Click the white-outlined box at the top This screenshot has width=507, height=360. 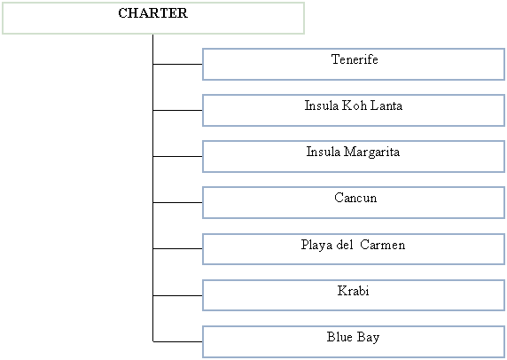tap(153, 19)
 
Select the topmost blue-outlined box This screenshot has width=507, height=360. tap(354, 65)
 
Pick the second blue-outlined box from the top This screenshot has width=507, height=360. tap(354, 111)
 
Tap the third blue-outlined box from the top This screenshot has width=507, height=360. tap(354, 157)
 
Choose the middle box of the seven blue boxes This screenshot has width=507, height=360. tap(354, 203)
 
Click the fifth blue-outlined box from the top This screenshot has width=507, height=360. tap(354, 249)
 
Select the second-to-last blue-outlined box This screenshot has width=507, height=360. tap(354, 295)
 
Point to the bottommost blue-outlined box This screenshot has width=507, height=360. tap(354, 341)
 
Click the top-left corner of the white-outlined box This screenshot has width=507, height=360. tap(3, 4)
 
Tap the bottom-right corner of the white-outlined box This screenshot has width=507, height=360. tap(304, 34)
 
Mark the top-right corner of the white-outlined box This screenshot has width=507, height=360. tap(304, 4)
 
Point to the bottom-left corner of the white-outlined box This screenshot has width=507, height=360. tap(3, 34)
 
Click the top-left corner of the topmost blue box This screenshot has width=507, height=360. tap(203, 50)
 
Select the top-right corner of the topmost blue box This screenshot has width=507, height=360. tap(504, 50)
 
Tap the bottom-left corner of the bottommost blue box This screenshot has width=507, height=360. tap(203, 356)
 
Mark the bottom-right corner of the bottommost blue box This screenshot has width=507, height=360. tap(504, 356)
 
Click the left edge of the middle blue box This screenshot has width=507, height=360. tap(203, 203)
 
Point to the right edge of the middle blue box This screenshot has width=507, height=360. tap(504, 203)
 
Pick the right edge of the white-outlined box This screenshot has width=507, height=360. tap(304, 19)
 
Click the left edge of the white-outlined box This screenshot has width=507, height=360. tap(3, 19)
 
